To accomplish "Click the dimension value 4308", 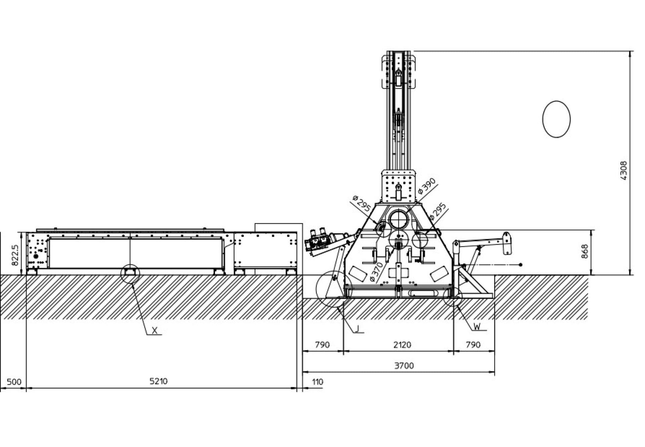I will coord(623,170).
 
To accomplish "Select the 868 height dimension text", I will coord(585,251).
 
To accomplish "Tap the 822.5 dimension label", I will coord(15,255).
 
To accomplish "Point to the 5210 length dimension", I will coord(158,381).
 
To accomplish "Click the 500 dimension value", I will coord(14,382).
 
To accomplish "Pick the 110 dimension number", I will coord(317,382).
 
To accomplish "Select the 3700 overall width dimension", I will coord(403,366).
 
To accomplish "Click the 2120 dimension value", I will coord(402,345).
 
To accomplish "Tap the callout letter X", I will coord(155,331).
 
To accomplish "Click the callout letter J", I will coord(358,329).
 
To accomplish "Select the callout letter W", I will coord(477,326).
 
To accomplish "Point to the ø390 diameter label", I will coord(427,186).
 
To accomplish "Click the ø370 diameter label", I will coord(377,272).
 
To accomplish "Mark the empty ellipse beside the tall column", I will coord(556,119).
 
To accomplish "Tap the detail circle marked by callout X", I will coord(130,274).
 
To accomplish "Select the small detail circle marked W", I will coord(452,296).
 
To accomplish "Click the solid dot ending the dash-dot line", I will coord(520,265).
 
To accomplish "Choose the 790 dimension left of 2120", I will coord(322,345).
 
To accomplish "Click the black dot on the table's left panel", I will coord(36,256).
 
